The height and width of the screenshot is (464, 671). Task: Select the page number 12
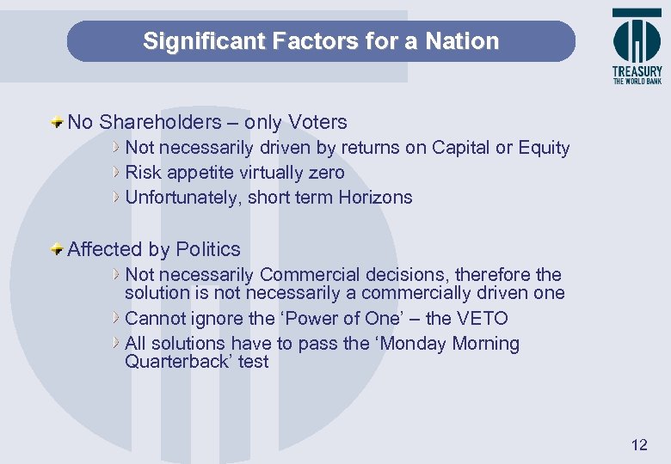638,444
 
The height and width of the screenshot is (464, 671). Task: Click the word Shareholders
163,123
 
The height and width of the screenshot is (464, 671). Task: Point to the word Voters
318,123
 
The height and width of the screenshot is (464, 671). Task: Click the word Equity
544,148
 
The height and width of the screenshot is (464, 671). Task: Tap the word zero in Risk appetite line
325,173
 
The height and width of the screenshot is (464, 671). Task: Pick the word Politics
207,250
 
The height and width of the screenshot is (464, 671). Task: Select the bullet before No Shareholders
57,122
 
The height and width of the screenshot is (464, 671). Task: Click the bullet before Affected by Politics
57,249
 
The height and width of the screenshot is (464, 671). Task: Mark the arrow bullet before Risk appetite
118,173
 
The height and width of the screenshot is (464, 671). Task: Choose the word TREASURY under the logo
637,72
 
